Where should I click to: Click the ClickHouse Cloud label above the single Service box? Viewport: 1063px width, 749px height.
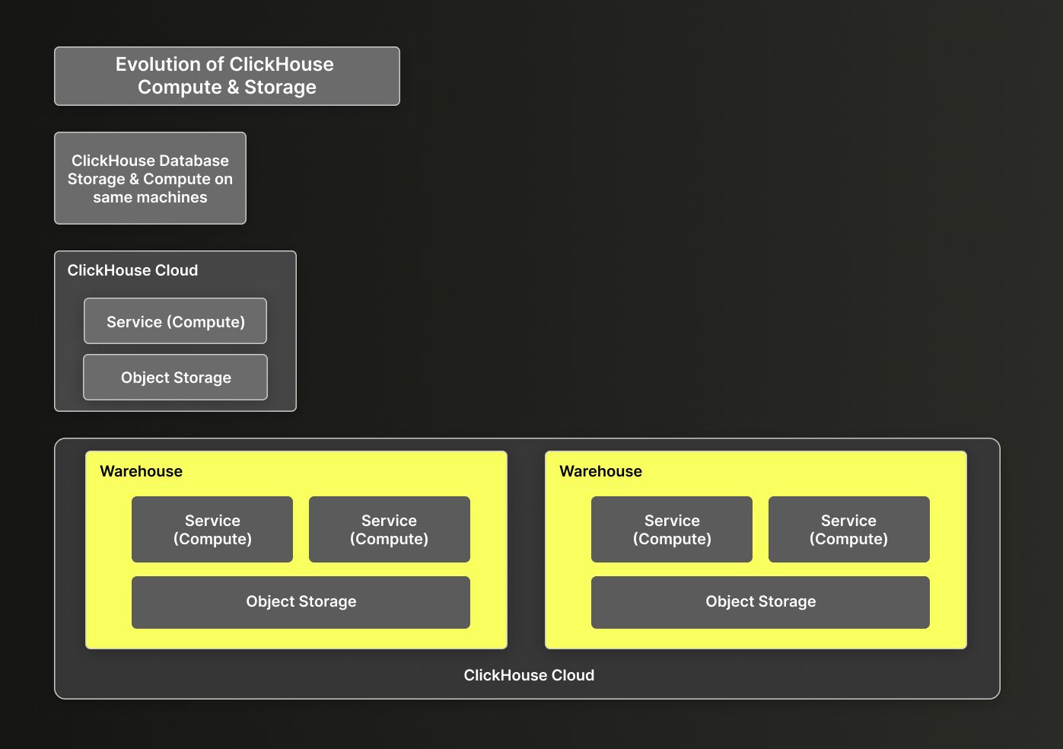[x=132, y=270]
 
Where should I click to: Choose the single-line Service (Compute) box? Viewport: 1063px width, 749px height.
[x=175, y=321]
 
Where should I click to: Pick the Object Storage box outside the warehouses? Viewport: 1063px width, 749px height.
[x=175, y=378]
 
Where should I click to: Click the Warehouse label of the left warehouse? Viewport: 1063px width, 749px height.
[x=141, y=471]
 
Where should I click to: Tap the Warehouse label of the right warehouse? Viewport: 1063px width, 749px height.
[x=600, y=471]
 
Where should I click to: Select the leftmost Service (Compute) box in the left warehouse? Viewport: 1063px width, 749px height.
[x=212, y=530]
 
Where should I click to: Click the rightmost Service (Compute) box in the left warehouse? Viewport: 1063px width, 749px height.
[x=389, y=530]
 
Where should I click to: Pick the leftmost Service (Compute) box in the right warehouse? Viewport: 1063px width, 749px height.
[x=672, y=530]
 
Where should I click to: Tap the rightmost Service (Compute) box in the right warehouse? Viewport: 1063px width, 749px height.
[x=848, y=530]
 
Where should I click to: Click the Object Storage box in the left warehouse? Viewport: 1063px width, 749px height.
[x=301, y=602]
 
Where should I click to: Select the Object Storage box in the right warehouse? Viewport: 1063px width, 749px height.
[x=760, y=602]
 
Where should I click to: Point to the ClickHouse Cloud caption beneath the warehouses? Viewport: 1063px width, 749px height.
[x=529, y=675]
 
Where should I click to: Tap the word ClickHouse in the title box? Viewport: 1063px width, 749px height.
[x=281, y=65]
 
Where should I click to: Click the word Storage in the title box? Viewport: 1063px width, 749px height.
[x=280, y=88]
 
